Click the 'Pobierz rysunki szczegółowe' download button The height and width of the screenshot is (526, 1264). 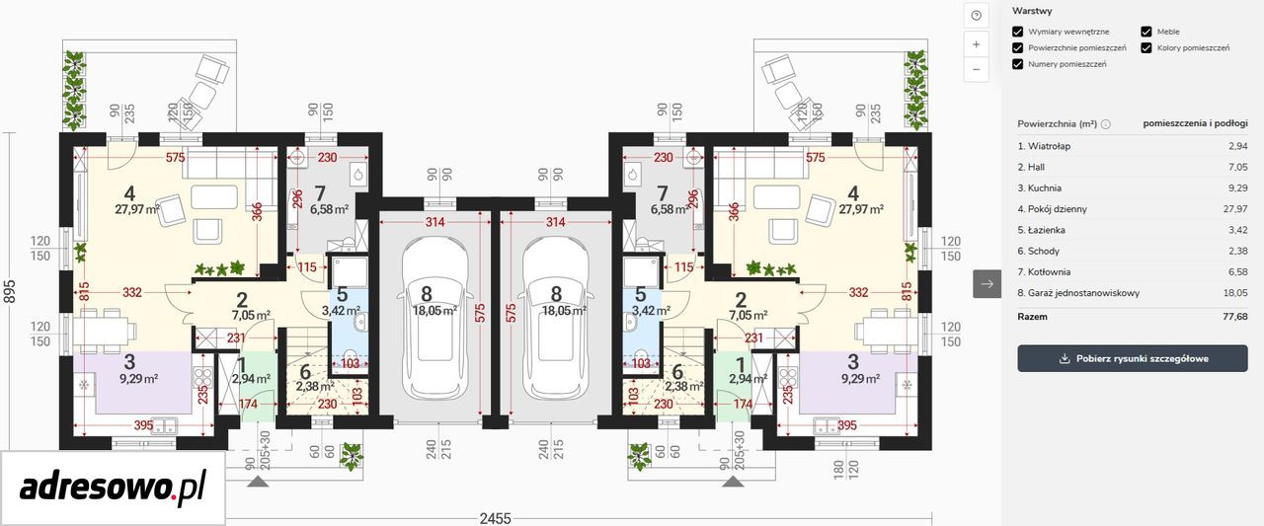1133,358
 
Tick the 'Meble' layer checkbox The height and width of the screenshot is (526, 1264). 1146,32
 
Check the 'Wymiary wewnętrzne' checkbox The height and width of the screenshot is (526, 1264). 1017,32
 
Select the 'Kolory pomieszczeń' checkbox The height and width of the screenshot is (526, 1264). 1146,48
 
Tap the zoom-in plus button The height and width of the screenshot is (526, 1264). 977,44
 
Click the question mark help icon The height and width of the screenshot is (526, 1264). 977,15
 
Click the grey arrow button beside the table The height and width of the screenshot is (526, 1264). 987,283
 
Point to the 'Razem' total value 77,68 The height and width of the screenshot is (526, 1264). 1234,317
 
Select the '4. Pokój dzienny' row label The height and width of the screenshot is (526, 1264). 1052,209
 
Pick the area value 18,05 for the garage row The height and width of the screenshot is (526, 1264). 1235,293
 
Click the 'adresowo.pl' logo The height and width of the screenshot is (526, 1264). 113,487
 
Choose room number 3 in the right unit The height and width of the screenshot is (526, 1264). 852,362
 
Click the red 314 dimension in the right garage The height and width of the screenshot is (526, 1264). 555,222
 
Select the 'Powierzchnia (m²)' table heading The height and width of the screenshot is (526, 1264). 1057,124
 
